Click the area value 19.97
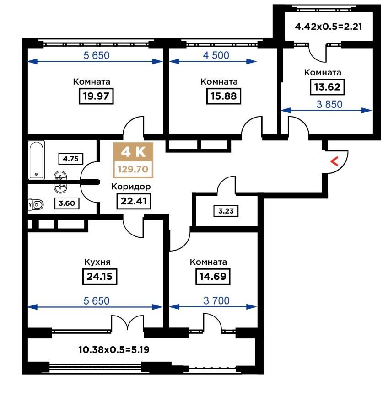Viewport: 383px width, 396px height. [x=96, y=96]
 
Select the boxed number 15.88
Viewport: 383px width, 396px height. [x=223, y=96]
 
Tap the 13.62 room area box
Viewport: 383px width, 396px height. [x=327, y=87]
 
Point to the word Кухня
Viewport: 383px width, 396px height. [x=97, y=262]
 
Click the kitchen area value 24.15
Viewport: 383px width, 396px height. [x=100, y=276]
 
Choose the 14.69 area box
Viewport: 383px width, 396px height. [x=213, y=276]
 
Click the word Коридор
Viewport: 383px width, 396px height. [x=131, y=187]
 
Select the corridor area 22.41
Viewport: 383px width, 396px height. [x=134, y=201]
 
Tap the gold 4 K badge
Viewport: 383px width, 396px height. [x=133, y=152]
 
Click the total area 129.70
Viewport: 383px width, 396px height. [x=133, y=169]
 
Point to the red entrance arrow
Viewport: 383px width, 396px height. [x=334, y=161]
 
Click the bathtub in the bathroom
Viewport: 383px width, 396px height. [x=37, y=160]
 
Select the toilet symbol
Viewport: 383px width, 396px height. [x=36, y=204]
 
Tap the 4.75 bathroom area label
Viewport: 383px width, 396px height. [x=71, y=159]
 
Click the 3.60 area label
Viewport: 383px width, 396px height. [x=67, y=203]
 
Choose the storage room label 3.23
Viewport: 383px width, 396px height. [x=226, y=211]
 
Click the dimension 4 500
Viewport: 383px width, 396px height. [x=216, y=55]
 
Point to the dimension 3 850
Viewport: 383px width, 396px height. [x=329, y=104]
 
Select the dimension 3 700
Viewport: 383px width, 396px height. [x=216, y=300]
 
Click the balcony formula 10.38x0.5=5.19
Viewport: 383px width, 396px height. [x=114, y=350]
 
